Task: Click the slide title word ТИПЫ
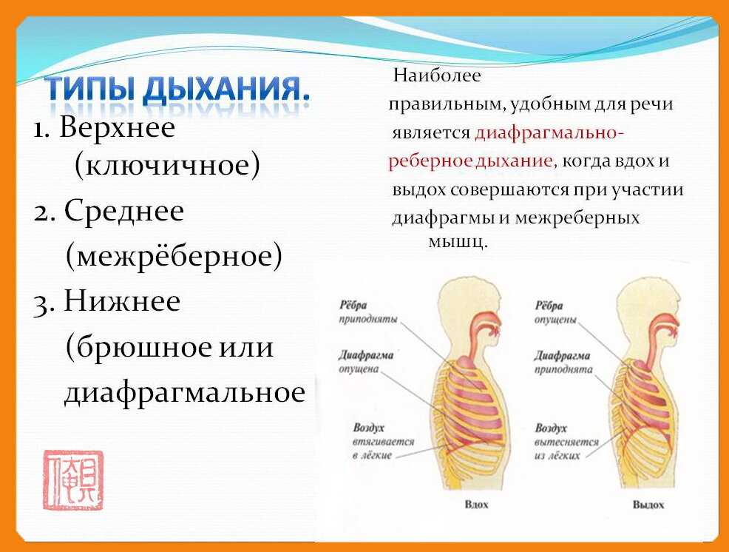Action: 89,90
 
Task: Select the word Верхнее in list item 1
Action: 118,128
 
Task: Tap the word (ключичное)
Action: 167,166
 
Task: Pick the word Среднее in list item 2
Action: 123,212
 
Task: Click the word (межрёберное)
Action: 174,257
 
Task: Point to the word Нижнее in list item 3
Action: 122,301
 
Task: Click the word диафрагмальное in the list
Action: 184,392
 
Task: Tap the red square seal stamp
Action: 72,480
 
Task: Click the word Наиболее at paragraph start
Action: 437,75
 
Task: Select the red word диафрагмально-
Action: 549,133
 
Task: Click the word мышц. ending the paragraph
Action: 458,242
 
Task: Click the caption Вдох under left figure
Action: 477,505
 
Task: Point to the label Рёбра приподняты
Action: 367,312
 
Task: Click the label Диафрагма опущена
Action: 366,361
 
